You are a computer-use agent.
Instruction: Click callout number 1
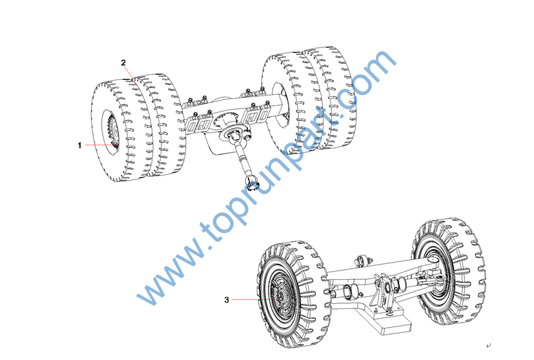click(79, 145)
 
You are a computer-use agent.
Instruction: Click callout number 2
click(123, 63)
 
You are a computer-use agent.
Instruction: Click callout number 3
click(227, 300)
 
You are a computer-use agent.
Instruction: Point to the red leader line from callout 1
click(99, 145)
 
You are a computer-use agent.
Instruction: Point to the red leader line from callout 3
click(254, 299)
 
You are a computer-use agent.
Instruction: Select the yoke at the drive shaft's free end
click(252, 183)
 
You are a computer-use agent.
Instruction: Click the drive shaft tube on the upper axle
click(244, 157)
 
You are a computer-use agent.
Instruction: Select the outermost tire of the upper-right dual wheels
click(326, 98)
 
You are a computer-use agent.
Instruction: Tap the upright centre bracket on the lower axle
click(384, 291)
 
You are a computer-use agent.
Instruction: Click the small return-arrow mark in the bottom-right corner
click(489, 346)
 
